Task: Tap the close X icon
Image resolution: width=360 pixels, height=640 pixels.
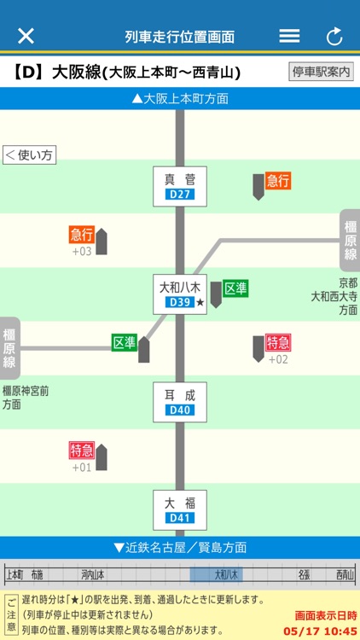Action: [x=26, y=36]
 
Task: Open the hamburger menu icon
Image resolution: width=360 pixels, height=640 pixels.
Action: [x=289, y=36]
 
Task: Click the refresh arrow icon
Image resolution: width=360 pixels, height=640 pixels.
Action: [x=334, y=37]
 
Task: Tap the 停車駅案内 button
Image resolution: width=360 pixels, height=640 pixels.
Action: [x=321, y=72]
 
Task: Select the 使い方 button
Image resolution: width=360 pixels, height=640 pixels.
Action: [x=29, y=155]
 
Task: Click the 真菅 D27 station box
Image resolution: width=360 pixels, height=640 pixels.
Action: [x=180, y=186]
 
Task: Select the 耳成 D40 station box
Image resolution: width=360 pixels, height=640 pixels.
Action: [x=180, y=402]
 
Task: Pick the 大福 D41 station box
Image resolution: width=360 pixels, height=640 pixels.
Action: [x=180, y=509]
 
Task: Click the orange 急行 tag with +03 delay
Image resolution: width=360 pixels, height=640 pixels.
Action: [x=82, y=235]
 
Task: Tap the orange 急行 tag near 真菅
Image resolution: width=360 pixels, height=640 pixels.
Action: [x=278, y=180]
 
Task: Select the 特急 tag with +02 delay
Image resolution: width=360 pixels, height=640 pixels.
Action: [x=278, y=342]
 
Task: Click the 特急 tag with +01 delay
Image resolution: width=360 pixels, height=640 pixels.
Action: [x=82, y=451]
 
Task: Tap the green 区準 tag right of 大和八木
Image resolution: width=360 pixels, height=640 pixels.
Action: [x=235, y=288]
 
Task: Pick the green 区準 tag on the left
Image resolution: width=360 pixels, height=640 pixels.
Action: [x=125, y=342]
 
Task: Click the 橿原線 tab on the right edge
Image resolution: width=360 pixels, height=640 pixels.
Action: [x=350, y=241]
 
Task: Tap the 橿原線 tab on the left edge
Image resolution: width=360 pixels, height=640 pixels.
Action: [x=9, y=348]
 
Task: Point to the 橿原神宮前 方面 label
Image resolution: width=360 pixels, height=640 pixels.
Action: [x=26, y=397]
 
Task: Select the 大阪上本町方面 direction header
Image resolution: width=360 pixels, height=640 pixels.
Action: [x=180, y=98]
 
